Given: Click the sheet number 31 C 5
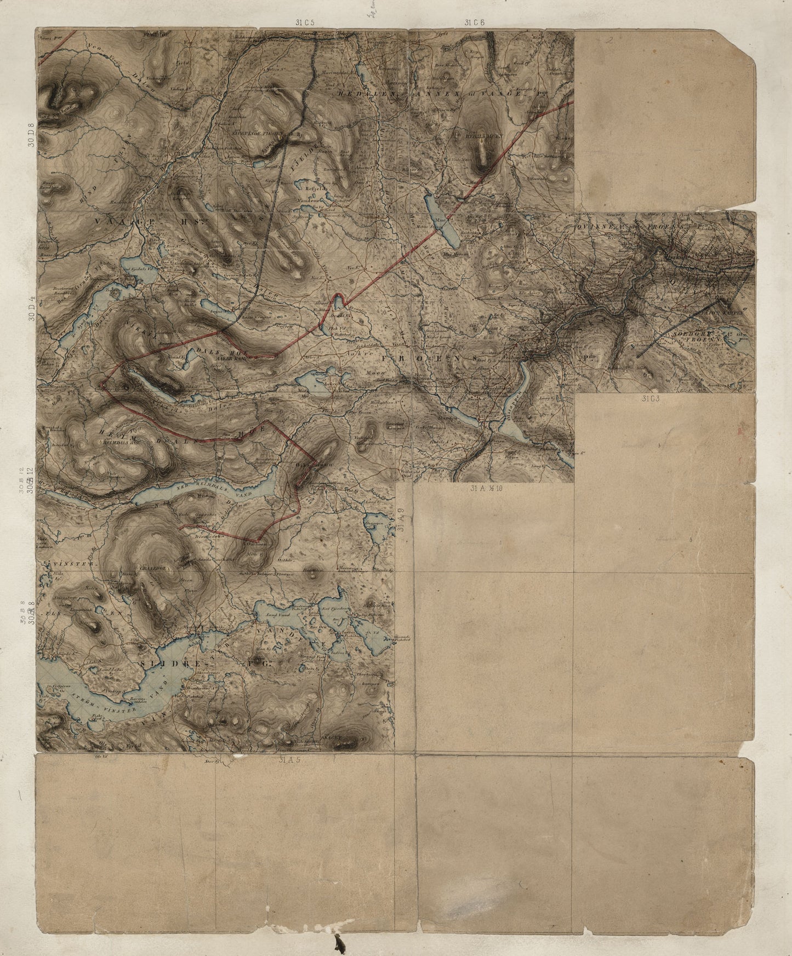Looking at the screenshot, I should [304, 22].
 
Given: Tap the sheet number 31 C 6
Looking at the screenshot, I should [474, 22].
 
